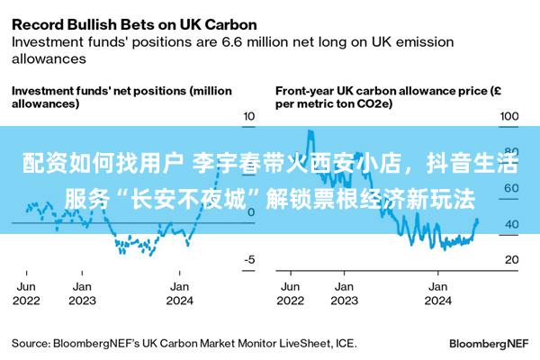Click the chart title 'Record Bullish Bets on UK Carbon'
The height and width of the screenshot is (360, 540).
[133, 23]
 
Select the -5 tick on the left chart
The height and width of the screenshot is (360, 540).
[250, 259]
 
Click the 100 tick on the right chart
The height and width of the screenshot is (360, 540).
[509, 117]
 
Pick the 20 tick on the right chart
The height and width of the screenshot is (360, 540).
[509, 259]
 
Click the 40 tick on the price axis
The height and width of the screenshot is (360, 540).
[509, 224]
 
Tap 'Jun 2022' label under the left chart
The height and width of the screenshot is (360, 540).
[27, 292]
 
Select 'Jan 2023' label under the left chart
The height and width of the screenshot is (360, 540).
[82, 292]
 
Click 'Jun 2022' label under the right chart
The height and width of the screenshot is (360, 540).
[291, 292]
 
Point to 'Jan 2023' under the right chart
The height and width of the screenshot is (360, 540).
[343, 292]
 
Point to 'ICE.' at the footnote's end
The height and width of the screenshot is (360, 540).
[345, 343]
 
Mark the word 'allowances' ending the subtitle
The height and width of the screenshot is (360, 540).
[49, 58]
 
